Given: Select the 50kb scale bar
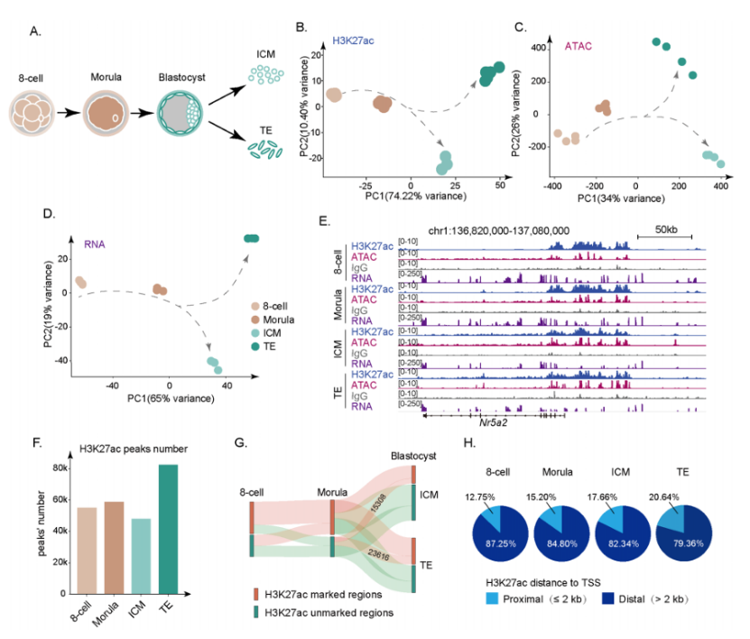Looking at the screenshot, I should (664, 236).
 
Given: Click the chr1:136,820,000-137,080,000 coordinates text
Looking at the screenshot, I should (525, 230).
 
